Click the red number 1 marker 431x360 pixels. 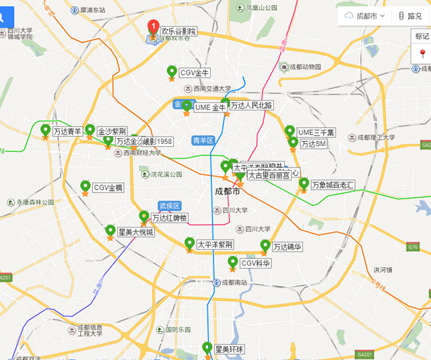coord(153,28)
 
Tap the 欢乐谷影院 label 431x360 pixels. coord(178,31)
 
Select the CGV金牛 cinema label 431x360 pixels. coord(195,72)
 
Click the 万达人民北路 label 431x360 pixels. coord(251,105)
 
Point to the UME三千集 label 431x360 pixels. coord(316,133)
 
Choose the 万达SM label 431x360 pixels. coord(313,144)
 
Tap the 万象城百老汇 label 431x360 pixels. coord(333,184)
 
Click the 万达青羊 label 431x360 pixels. coord(67,131)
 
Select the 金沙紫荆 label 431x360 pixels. coord(112,131)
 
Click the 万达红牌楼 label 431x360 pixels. coord(169,218)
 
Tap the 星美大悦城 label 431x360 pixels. coord(135,233)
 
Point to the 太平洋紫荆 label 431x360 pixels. coord(215,244)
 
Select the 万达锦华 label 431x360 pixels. coord(288,247)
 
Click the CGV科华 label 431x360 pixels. coord(255,264)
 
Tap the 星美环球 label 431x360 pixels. coord(229,349)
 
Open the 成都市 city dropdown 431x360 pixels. coord(364,15)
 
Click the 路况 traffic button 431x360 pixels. coord(409,15)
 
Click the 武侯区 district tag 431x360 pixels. coord(170,205)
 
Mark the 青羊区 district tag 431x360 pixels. coord(202,141)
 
